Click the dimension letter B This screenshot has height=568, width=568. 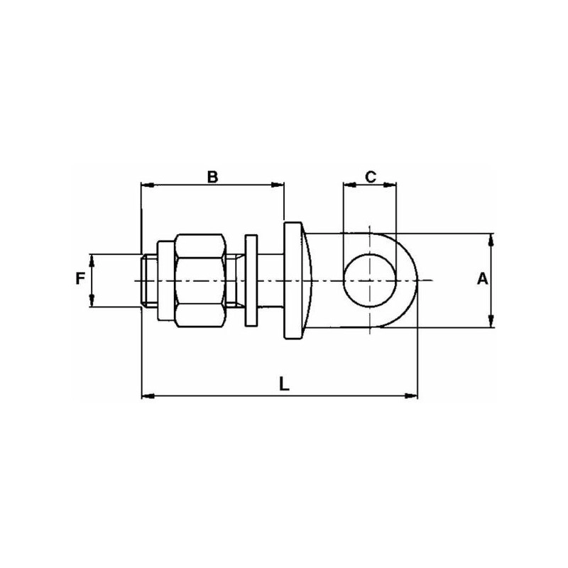point(212,177)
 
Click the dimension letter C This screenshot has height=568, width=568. point(371,177)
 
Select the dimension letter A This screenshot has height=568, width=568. point(483,279)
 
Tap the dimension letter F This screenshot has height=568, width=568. point(80,279)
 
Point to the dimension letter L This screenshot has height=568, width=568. point(285,383)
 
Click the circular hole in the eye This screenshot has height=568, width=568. point(370,280)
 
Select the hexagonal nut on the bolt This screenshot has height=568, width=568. point(200,280)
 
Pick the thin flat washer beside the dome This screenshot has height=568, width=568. point(251,280)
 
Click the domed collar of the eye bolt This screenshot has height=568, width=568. point(297,280)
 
